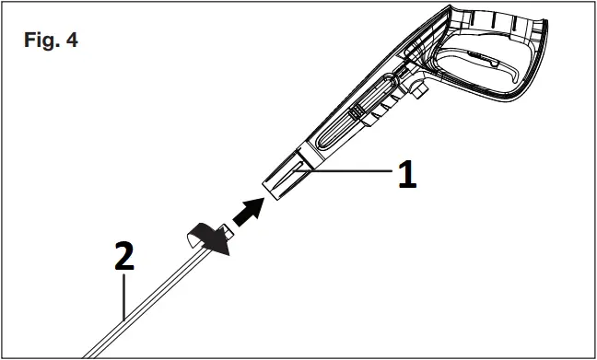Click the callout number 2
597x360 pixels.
pos(123,257)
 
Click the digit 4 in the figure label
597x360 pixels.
pos(71,43)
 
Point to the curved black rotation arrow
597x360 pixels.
pos(207,236)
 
